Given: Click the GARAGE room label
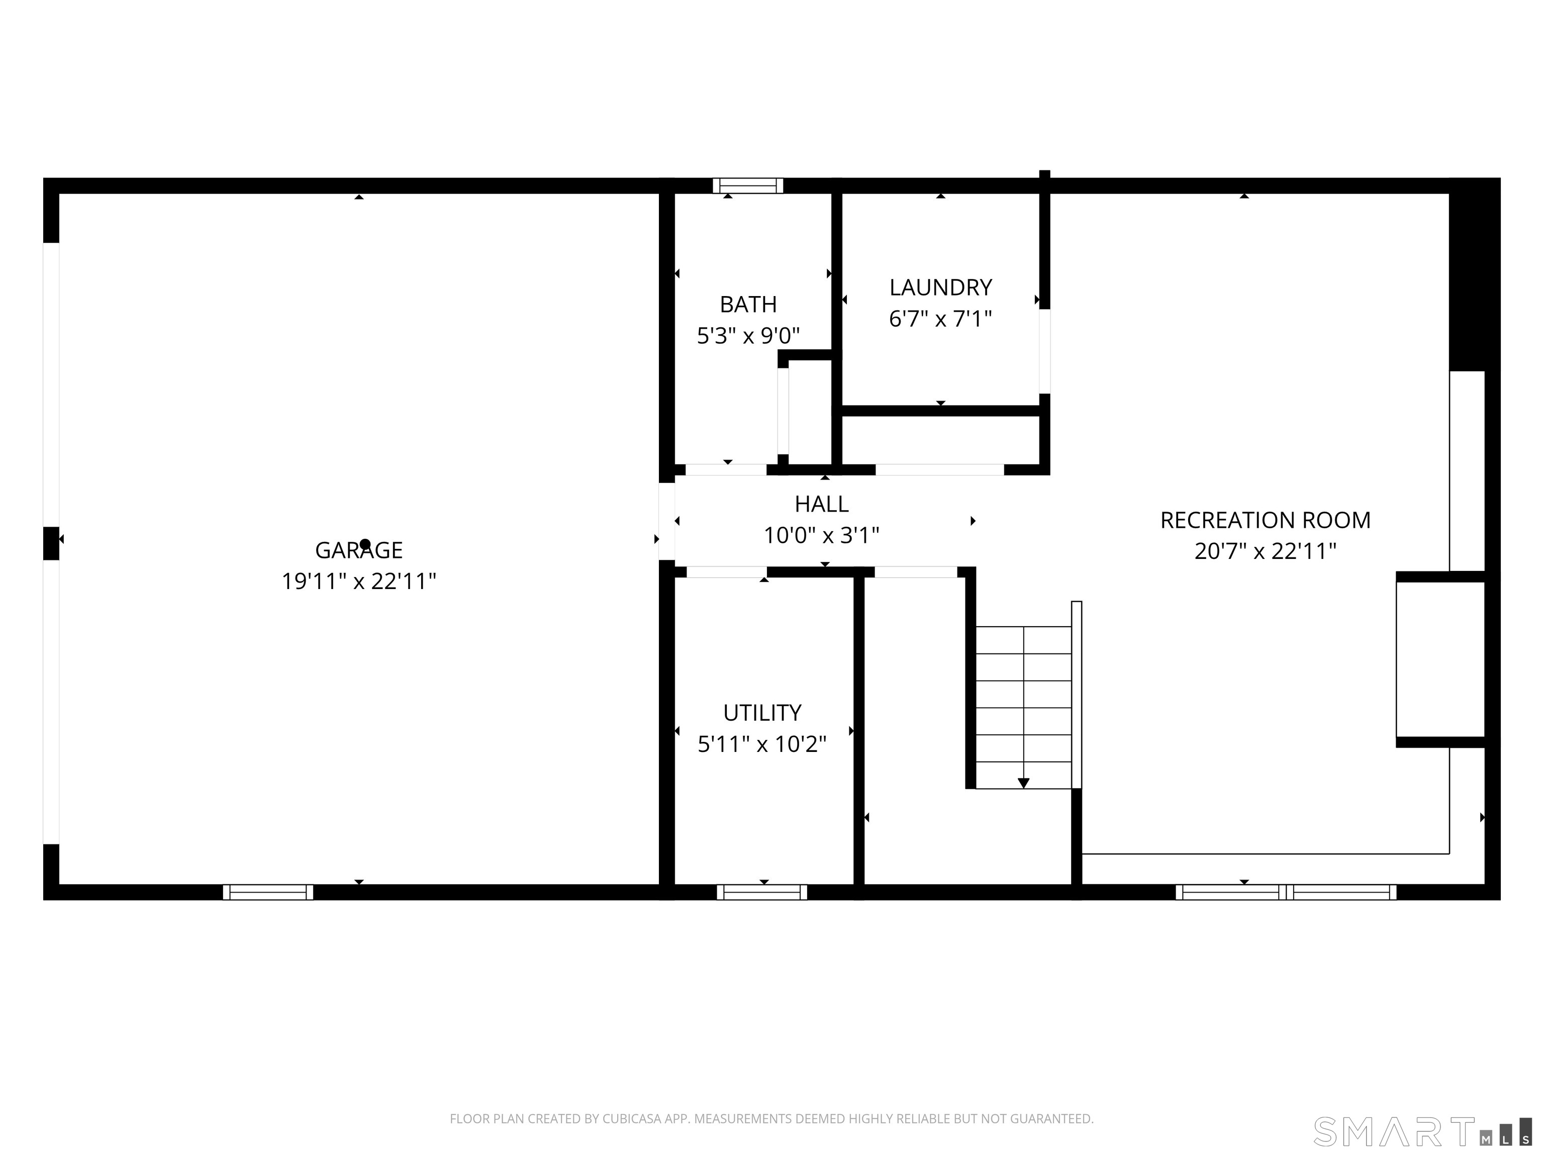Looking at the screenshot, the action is pos(359,550).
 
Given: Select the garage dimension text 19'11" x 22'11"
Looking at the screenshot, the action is pos(359,582).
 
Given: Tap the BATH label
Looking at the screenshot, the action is pos(748,305).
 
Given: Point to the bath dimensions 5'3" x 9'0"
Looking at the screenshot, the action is pos(748,336).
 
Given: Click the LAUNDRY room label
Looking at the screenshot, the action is pos(940,287).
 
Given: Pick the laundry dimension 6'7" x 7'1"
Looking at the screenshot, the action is pos(940,318).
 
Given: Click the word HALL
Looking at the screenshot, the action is pos(822,503).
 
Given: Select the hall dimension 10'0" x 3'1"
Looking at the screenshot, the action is pos(822,535).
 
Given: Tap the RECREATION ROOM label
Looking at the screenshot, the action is pos(1266,520).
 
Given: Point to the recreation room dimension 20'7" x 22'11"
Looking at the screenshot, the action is pos(1266,551).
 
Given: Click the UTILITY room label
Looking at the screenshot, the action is pos(762,713).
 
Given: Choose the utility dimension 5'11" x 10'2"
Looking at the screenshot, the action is pos(762,744).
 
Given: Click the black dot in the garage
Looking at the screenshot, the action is pos(364,544).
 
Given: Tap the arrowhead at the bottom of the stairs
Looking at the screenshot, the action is pos(1023,783).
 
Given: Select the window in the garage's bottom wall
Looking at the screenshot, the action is pos(268,892).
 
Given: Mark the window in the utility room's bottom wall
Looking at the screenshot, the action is pos(762,892).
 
